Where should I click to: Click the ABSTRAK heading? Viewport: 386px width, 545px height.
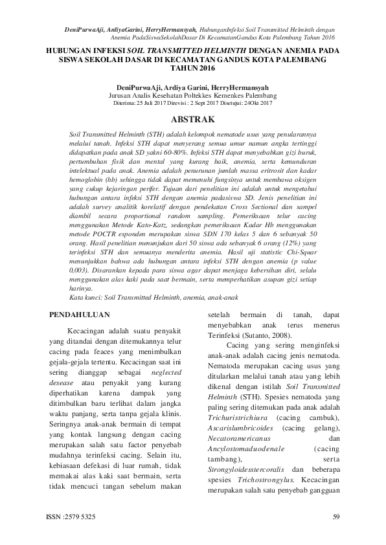pyautogui.click(x=192, y=119)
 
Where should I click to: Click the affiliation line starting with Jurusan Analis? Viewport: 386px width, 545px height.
pyautogui.click(x=192, y=95)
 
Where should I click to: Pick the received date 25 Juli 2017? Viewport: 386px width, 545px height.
pyautogui.click(x=153, y=102)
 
